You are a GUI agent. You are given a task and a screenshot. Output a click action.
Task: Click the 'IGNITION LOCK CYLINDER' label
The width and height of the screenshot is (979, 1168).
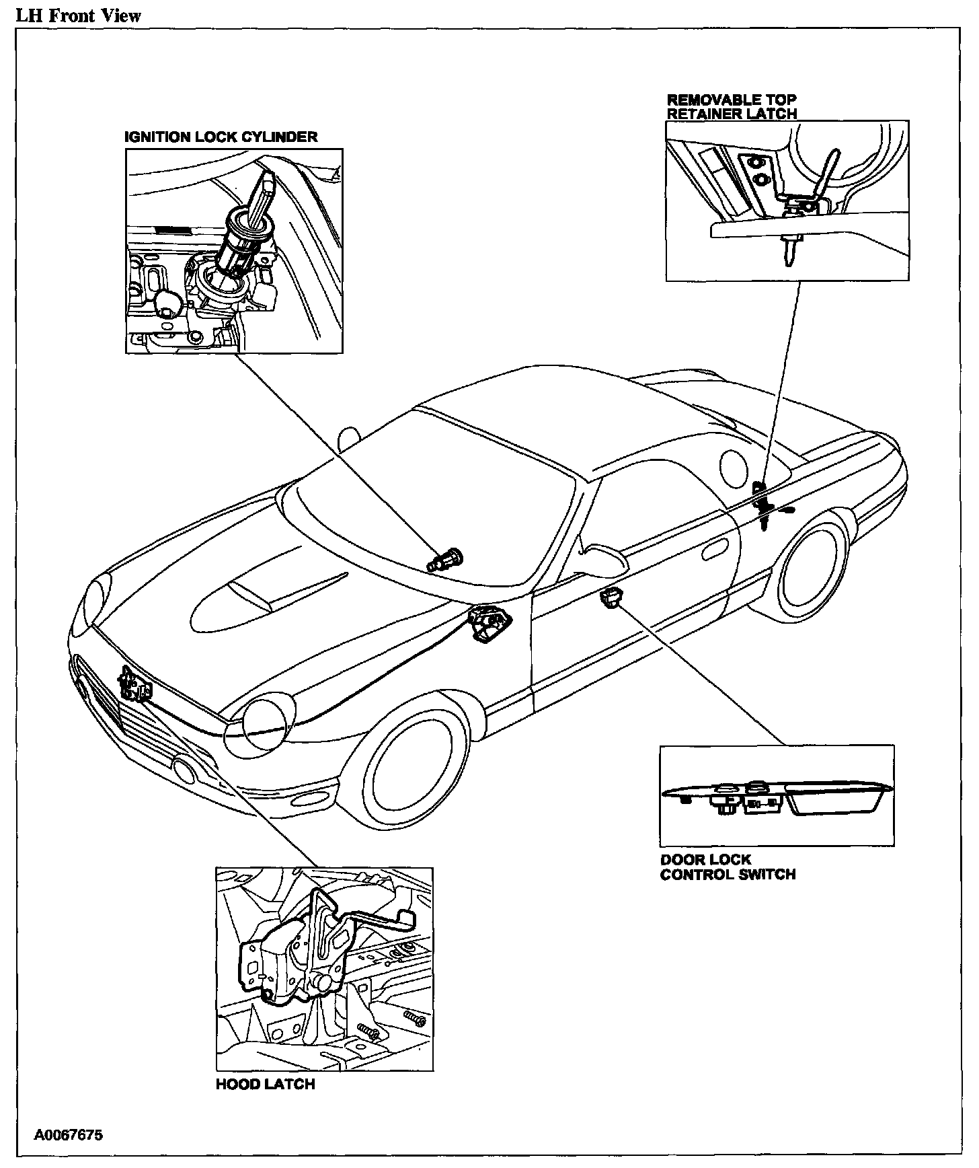click(x=221, y=137)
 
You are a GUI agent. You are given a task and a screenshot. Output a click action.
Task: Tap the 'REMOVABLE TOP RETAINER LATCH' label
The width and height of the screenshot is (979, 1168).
click(x=732, y=107)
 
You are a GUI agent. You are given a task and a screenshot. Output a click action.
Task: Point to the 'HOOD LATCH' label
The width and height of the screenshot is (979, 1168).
click(x=265, y=1103)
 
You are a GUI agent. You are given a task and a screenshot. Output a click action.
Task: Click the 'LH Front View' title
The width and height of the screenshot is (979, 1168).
click(x=79, y=15)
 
